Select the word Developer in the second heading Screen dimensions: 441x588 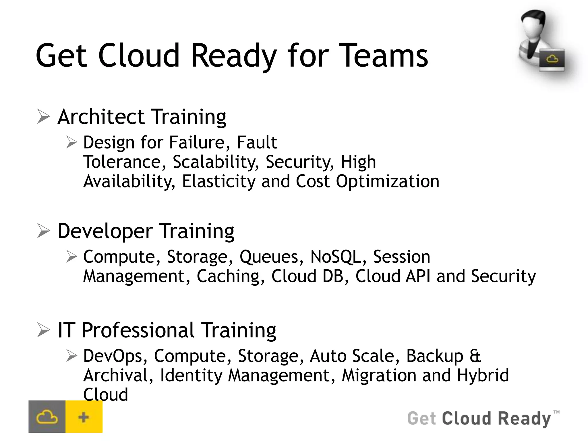tap(105, 231)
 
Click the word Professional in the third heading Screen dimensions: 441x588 tap(138, 330)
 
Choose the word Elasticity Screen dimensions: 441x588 tap(218, 181)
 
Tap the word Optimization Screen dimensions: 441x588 tap(388, 181)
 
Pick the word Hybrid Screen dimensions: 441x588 tap(483, 375)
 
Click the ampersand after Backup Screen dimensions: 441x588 tap(475, 356)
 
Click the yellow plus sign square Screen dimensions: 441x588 tap(84, 417)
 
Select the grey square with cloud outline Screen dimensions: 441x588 tap(47, 417)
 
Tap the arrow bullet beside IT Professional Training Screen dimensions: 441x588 tap(44, 330)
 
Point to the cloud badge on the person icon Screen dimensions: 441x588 tap(552, 60)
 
